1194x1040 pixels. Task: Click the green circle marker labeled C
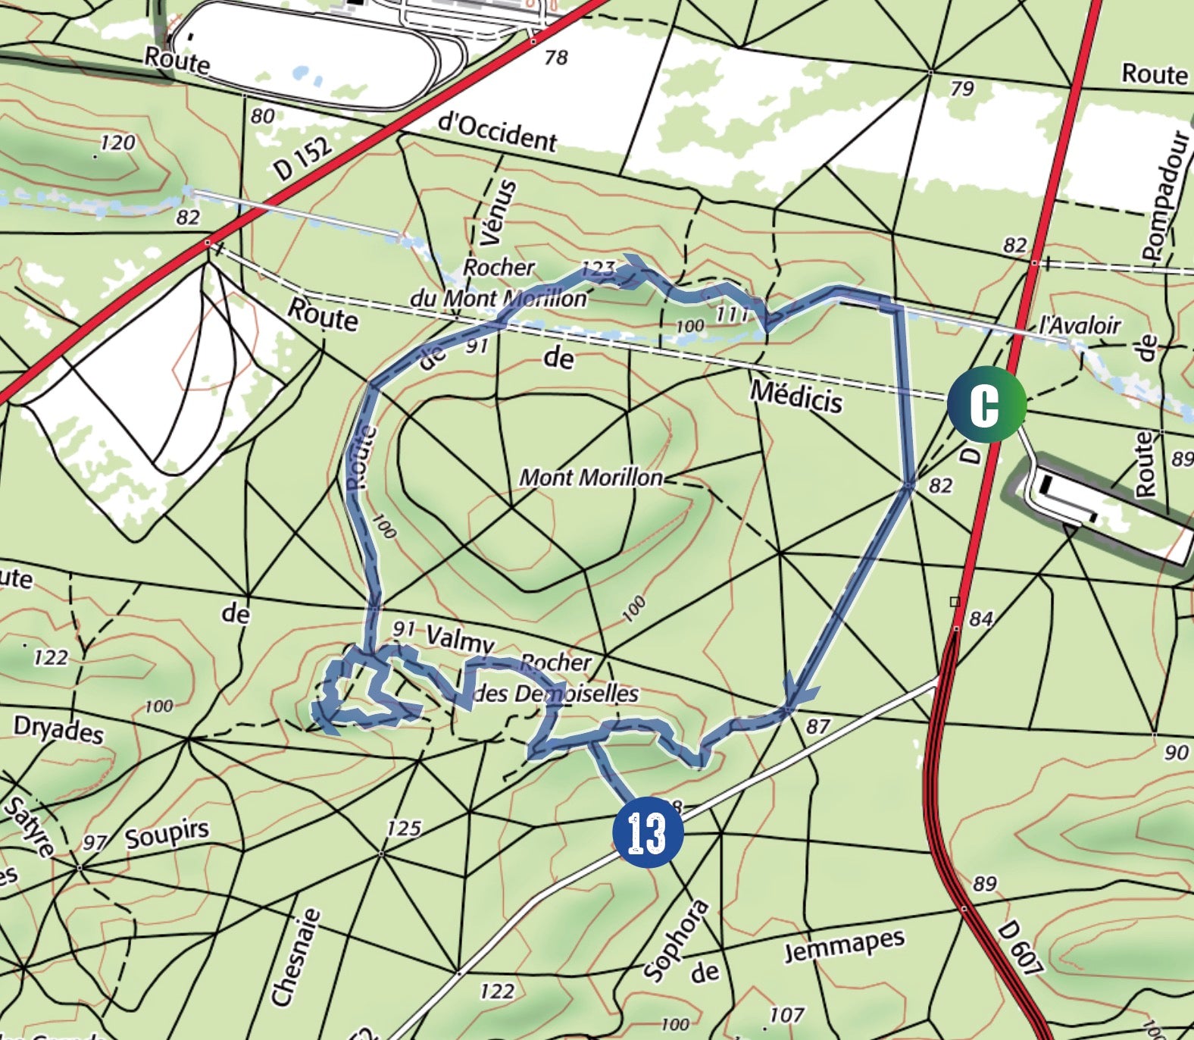point(986,404)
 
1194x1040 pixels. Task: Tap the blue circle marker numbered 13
point(647,832)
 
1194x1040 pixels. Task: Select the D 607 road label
point(1019,948)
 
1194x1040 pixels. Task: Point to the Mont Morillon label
point(590,478)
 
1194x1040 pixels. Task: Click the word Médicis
point(795,396)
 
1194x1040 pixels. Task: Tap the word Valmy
point(460,639)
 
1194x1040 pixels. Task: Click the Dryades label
point(58,730)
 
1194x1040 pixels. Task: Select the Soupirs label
point(167,835)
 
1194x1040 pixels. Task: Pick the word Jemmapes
point(844,945)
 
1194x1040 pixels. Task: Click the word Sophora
point(677,940)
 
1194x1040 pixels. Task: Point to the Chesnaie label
point(295,958)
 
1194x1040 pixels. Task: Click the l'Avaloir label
point(1079,325)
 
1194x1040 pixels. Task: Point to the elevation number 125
point(403,828)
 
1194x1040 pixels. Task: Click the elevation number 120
point(117,143)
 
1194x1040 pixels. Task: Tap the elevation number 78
point(555,57)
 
